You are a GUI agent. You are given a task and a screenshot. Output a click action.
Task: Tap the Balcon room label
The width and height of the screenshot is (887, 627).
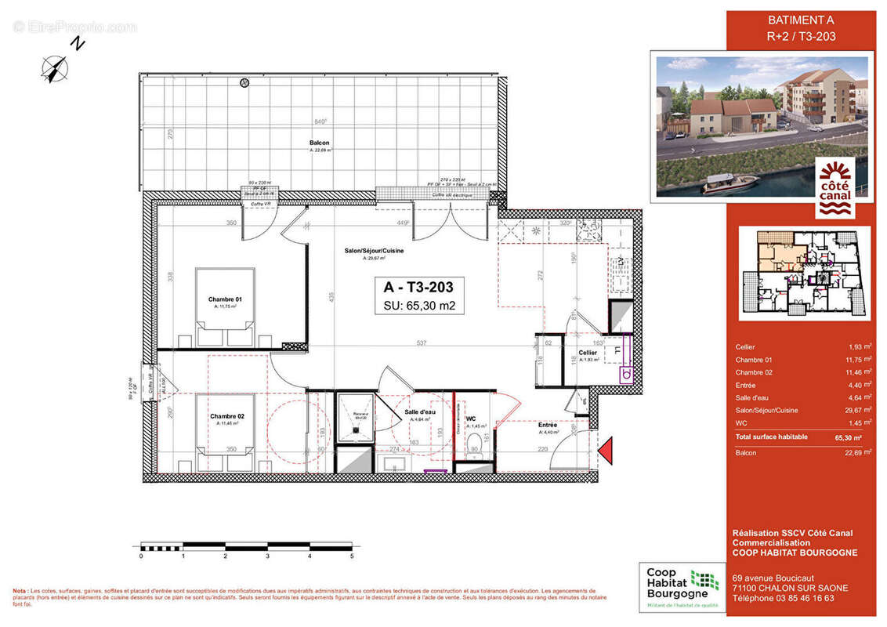pos(319,143)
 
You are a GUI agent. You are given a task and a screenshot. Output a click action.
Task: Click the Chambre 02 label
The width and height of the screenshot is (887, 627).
pos(226,416)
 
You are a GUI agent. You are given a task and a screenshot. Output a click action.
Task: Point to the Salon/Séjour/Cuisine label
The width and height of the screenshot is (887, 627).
pos(374,250)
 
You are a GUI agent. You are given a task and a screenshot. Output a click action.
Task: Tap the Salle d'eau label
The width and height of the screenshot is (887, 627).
pos(420,412)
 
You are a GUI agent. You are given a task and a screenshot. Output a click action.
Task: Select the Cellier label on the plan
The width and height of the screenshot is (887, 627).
pos(588,353)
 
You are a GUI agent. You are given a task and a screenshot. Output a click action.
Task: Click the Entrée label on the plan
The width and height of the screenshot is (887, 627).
pos(548,425)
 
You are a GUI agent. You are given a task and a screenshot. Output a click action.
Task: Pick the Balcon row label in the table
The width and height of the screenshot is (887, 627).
pos(745,453)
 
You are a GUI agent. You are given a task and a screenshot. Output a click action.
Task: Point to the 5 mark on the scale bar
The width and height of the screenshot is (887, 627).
pos(352,556)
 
